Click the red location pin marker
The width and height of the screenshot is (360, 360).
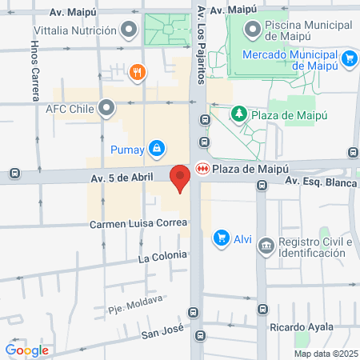click(x=180, y=178)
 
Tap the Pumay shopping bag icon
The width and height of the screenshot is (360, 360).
click(x=158, y=148)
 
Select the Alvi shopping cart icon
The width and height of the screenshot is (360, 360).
click(x=221, y=238)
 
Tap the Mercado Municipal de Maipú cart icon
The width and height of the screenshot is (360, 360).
click(x=348, y=58)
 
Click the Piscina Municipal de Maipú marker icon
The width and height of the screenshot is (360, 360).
click(x=253, y=31)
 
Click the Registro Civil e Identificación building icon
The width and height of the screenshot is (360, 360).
click(x=267, y=244)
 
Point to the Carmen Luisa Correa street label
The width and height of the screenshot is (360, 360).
click(x=138, y=222)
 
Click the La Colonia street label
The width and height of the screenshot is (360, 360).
click(x=162, y=257)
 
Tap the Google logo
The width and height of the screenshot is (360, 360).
click(x=26, y=350)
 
